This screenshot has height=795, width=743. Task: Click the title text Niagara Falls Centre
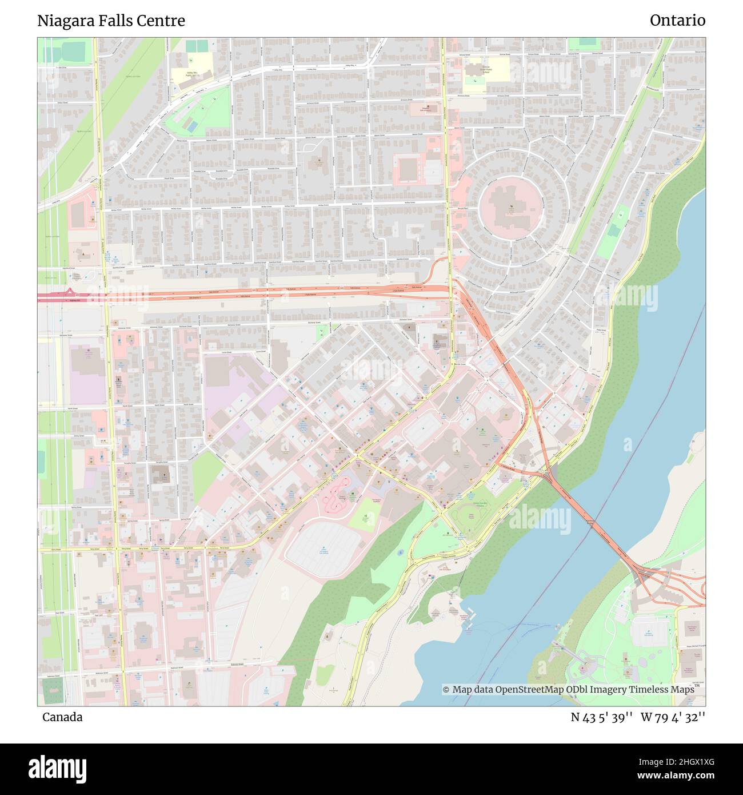point(111,21)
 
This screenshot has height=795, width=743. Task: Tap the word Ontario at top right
point(677,21)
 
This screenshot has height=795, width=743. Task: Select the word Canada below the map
point(62,717)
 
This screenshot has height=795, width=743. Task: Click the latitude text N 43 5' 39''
point(601,717)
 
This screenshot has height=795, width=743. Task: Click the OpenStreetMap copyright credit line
point(568,690)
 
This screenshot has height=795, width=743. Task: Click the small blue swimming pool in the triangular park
point(193,125)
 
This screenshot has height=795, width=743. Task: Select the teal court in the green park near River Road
point(613,230)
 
